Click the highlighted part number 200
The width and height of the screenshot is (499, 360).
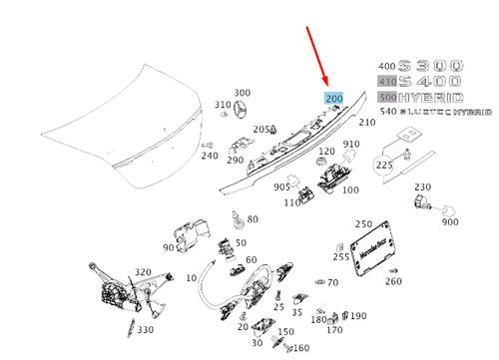(332, 100)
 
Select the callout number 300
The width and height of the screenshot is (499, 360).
(242, 93)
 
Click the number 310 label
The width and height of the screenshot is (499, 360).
(222, 105)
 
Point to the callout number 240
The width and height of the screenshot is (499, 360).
(209, 156)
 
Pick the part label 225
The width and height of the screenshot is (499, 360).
(384, 165)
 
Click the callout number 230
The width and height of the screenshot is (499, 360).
(422, 186)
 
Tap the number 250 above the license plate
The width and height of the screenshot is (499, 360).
(363, 224)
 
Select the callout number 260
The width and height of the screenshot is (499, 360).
(393, 280)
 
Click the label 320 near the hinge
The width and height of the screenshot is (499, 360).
(143, 271)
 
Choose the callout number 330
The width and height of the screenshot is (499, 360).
(146, 329)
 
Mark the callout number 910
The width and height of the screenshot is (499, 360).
(351, 145)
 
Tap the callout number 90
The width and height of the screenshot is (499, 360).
(167, 246)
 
